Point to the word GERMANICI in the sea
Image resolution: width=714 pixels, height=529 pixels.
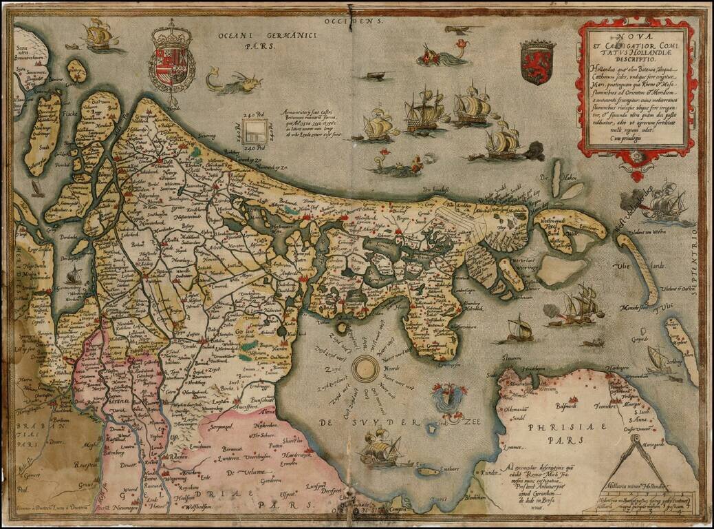point(263,36)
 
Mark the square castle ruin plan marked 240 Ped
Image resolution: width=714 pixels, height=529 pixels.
point(259,129)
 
